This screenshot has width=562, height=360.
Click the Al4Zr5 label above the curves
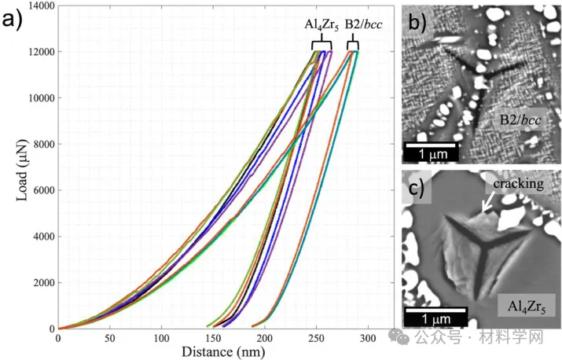point(321,24)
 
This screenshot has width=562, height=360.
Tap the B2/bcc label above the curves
point(365,24)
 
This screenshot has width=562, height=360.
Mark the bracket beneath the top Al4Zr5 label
point(321,42)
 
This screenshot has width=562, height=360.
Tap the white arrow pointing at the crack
point(487,203)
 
